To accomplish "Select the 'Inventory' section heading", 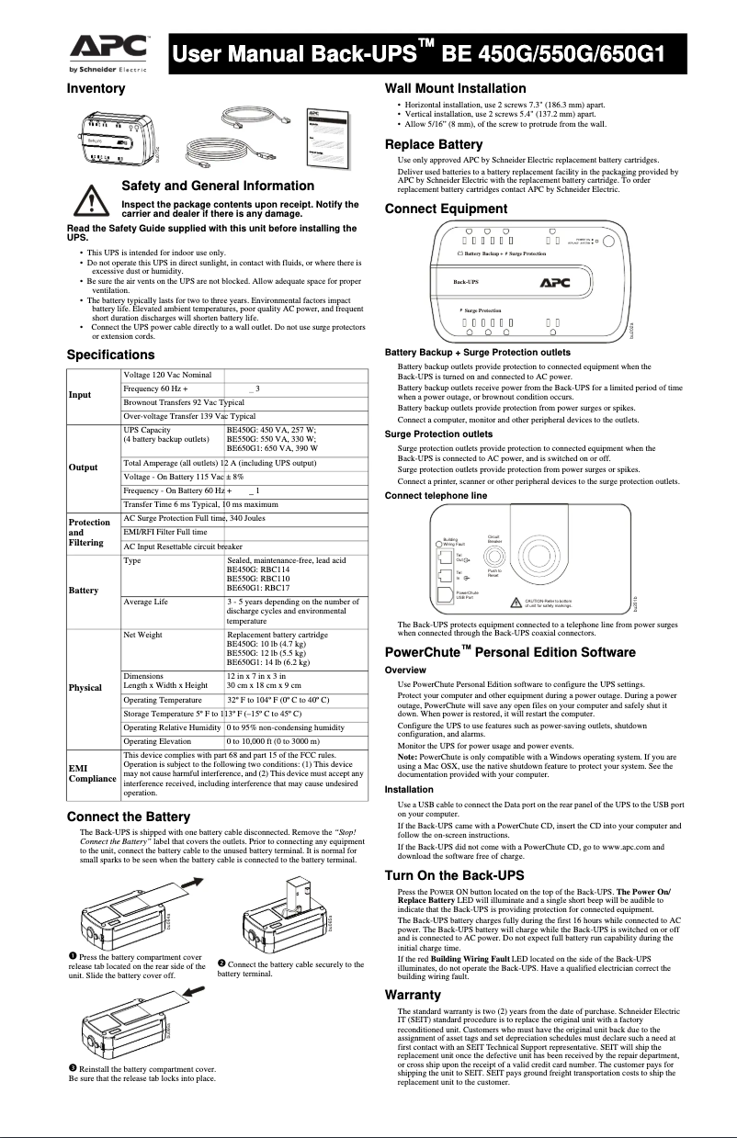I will (x=95, y=89).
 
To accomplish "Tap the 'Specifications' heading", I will (x=110, y=355).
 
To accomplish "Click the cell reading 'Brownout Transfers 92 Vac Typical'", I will (x=183, y=402).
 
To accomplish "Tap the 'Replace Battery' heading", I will (x=433, y=144).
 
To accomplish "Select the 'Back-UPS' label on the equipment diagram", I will (x=466, y=282).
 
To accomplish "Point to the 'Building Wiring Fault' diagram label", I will (x=455, y=542).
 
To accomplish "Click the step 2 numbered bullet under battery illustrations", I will (x=222, y=963).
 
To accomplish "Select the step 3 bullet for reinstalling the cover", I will (x=74, y=1068).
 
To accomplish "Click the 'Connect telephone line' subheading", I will (x=436, y=496).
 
